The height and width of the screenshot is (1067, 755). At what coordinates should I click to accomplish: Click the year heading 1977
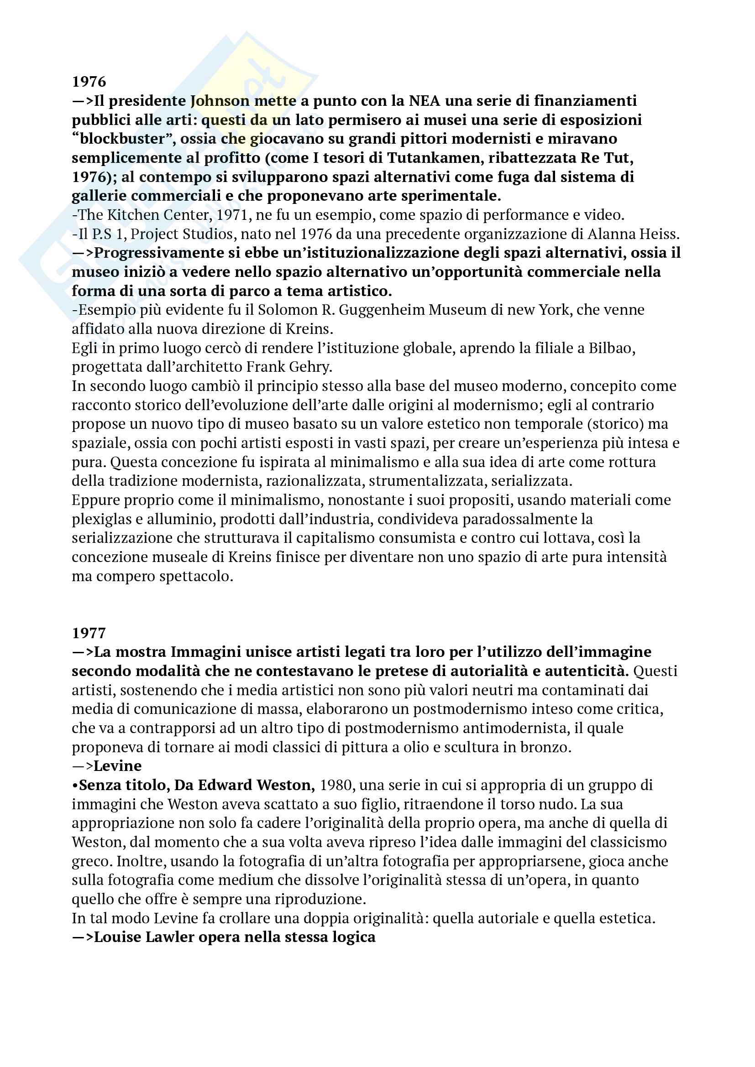(89, 633)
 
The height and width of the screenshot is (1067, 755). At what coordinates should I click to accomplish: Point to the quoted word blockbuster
(123, 139)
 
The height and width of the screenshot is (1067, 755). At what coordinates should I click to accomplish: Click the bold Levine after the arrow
(118, 766)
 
